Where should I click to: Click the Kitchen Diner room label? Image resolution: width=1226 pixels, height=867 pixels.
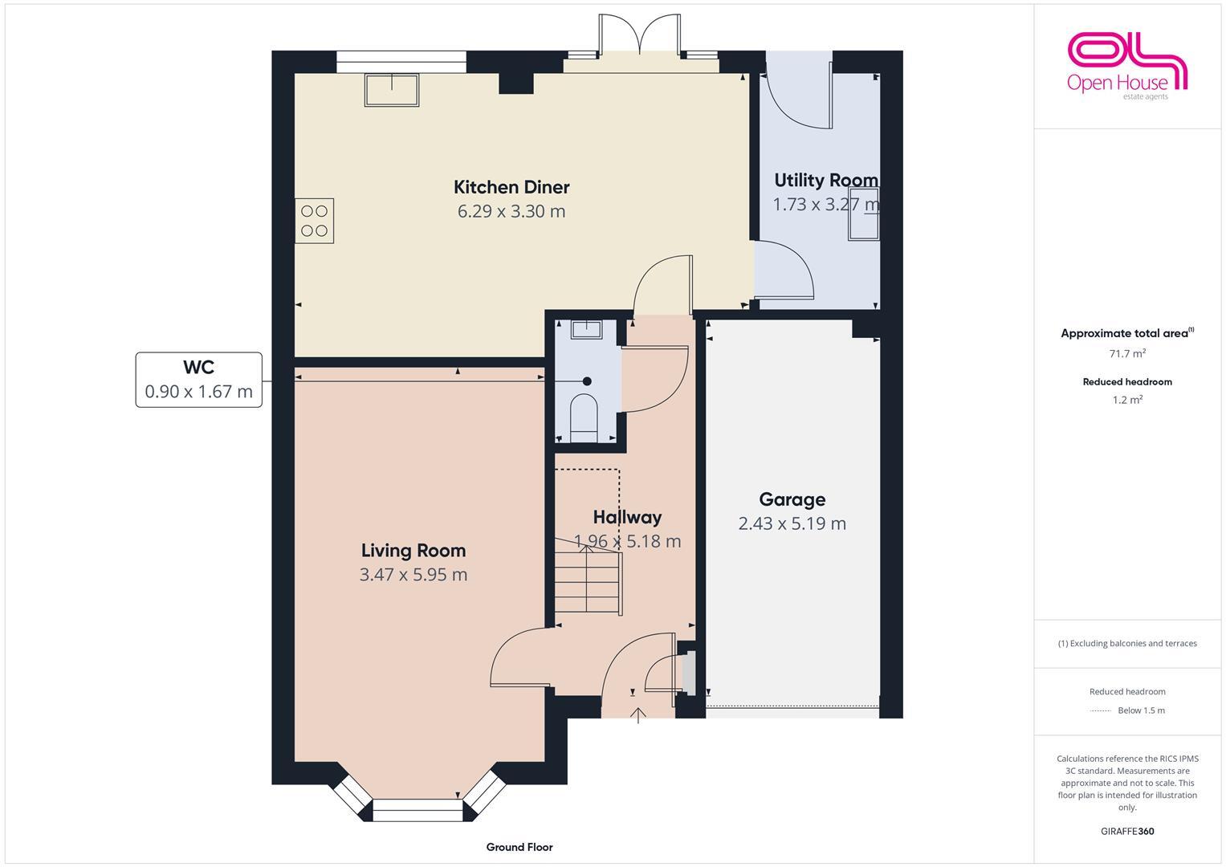pos(511,187)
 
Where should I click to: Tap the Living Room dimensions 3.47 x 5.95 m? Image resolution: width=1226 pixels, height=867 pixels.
pos(413,575)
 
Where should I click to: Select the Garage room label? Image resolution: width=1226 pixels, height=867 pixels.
pos(792,499)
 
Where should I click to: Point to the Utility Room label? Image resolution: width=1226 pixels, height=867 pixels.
pos(825,180)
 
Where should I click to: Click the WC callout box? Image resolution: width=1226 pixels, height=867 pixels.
pos(198,380)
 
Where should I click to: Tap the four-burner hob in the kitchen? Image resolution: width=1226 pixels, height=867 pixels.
pos(314,221)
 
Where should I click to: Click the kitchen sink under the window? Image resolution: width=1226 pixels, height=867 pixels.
pos(392,90)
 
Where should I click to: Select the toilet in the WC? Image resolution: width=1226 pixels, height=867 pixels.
pos(584,416)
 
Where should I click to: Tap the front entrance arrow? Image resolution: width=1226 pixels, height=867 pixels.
pos(638,714)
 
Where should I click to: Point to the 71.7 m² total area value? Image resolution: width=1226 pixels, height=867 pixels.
pos(1126,353)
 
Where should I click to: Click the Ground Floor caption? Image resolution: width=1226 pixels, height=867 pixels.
pos(519,847)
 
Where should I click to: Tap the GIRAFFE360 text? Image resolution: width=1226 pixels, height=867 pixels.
pos(1126,832)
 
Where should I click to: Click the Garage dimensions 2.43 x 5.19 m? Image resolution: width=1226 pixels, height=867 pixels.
pos(792,523)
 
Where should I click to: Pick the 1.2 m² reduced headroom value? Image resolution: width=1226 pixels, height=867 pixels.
pos(1126,400)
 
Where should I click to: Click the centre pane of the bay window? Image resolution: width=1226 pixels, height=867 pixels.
pos(418,810)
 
